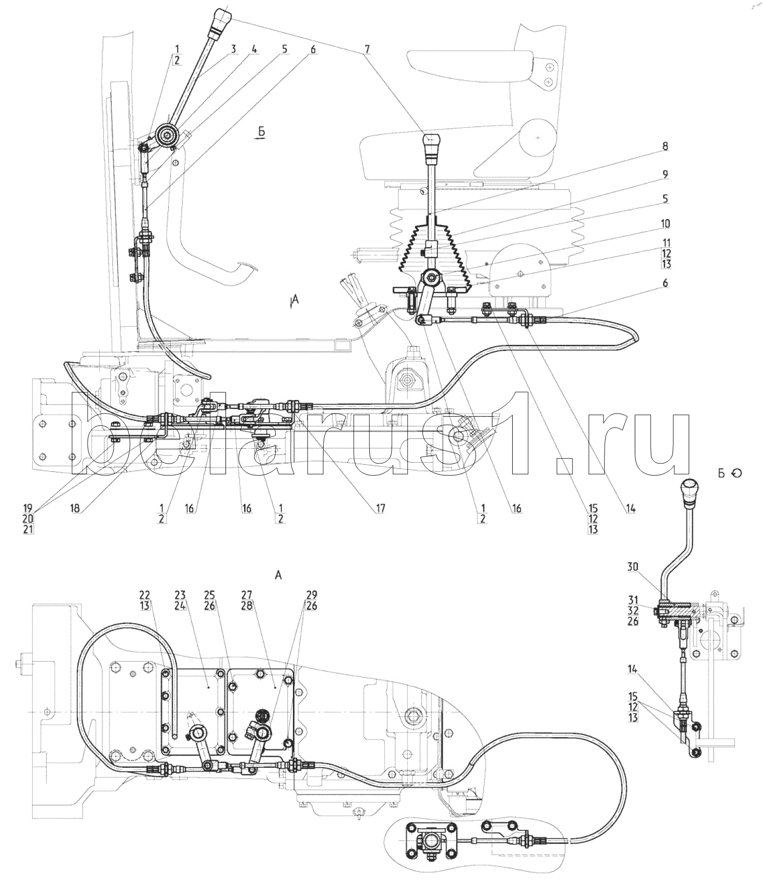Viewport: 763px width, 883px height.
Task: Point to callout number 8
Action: (665, 146)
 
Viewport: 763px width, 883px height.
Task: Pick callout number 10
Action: (665, 224)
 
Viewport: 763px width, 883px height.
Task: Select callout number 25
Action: (217, 594)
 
